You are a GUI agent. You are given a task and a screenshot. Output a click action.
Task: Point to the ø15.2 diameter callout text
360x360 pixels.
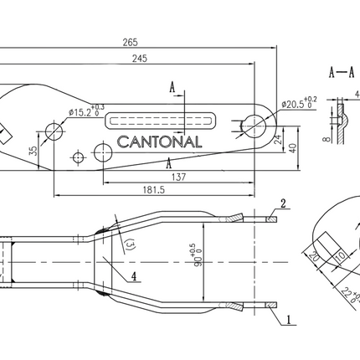85,111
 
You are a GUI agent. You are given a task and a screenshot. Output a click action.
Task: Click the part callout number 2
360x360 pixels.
284,203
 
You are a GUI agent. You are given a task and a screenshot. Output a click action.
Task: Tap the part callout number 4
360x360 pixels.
136,272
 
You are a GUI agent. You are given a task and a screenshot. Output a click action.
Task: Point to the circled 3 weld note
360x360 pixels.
128,244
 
